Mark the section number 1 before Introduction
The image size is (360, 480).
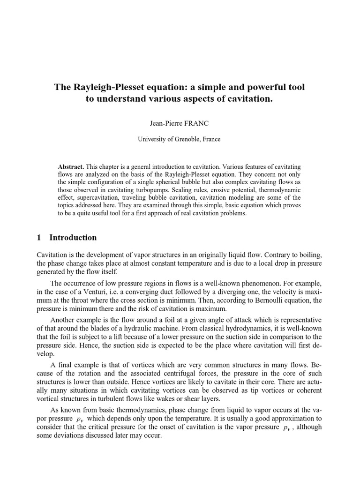[x=39, y=238]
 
